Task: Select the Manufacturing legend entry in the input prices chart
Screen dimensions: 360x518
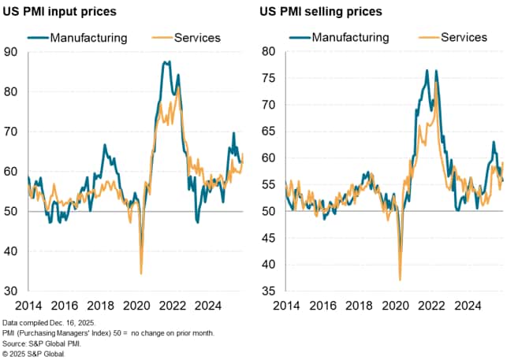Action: (x=78, y=36)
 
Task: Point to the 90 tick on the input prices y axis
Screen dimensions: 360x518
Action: (x=13, y=52)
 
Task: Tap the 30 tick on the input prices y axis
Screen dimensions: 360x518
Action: (x=13, y=291)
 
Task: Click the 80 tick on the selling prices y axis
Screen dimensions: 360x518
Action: (x=268, y=52)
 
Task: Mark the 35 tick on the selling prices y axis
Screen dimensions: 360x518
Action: (x=268, y=291)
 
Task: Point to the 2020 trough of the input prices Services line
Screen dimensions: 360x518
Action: (x=141, y=273)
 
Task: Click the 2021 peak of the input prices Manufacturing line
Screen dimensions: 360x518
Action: (x=166, y=61)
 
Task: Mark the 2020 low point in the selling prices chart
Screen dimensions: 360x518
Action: (x=400, y=280)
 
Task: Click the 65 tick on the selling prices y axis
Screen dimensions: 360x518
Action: (x=268, y=132)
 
